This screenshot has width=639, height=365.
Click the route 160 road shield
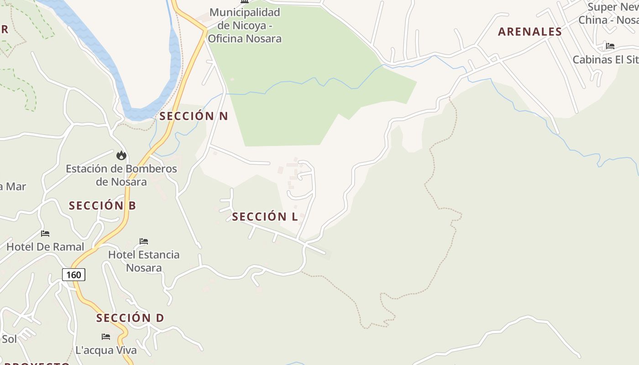[73, 274]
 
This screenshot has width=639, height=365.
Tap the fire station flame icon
[121, 155]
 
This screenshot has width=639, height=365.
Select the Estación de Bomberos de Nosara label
[121, 175]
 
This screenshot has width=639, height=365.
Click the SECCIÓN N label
[194, 116]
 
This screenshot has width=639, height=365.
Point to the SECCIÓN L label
[265, 217]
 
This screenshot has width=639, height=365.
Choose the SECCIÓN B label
[102, 205]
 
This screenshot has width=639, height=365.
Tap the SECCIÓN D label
[130, 318]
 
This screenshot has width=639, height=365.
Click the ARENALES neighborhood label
[530, 31]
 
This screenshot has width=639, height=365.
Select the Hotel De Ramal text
[45, 247]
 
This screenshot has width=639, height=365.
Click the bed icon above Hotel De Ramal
[45, 234]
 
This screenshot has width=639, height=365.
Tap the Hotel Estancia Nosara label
[144, 261]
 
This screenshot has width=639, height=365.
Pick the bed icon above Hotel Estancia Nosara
[144, 241]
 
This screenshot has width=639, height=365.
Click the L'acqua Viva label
[106, 350]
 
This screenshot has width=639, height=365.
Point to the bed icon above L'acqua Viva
[106, 337]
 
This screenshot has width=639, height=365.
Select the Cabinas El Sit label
[605, 59]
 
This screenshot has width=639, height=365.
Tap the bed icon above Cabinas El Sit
[610, 46]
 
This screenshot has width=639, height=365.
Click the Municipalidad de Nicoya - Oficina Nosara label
[245, 26]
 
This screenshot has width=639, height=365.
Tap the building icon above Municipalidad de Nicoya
[245, 1]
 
